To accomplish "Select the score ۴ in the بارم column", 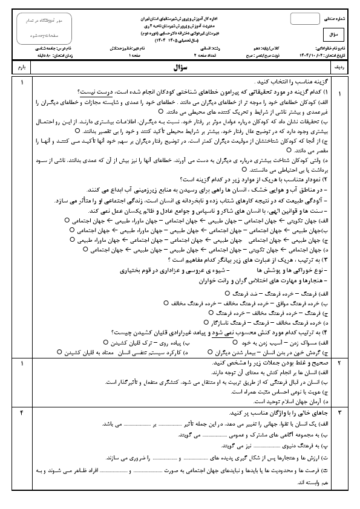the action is click(x=22, y=412).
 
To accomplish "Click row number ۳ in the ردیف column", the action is click(x=340, y=412).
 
